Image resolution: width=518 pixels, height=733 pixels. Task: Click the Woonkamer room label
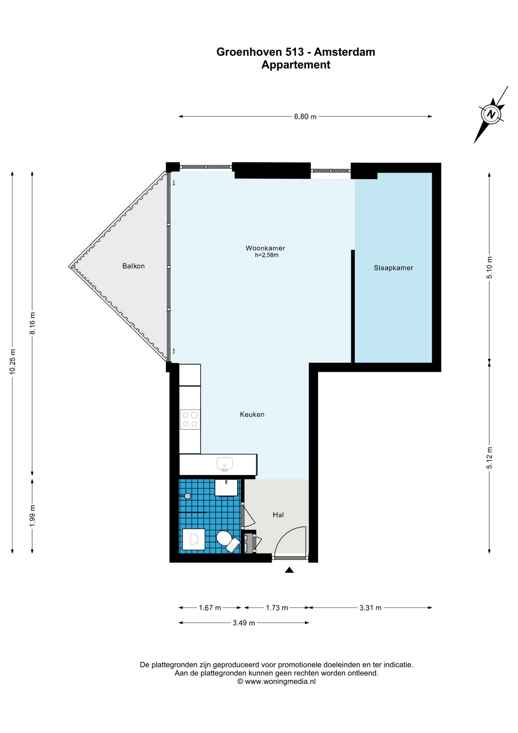click(265, 248)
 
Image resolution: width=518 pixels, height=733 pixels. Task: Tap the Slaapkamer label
click(393, 268)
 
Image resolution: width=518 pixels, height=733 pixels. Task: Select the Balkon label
click(134, 266)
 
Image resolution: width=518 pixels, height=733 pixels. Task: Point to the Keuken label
click(252, 414)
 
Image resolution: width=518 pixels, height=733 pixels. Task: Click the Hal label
click(278, 515)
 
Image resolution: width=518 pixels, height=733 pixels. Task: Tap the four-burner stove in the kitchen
click(190, 419)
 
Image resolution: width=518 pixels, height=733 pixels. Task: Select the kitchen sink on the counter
click(225, 464)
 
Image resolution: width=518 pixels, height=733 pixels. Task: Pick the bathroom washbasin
click(227, 488)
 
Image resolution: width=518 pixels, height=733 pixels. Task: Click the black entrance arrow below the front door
click(289, 570)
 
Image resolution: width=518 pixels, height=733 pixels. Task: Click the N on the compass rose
click(492, 114)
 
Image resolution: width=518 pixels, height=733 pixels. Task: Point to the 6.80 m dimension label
click(305, 116)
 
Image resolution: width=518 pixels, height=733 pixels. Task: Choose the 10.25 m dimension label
click(13, 362)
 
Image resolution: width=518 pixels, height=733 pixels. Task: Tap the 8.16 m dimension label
click(32, 323)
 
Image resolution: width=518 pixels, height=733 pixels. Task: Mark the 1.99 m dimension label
click(32, 516)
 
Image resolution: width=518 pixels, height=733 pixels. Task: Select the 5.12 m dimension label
click(489, 458)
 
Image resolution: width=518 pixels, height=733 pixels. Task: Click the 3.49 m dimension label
click(244, 623)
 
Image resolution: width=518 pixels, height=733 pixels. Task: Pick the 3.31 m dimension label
click(370, 607)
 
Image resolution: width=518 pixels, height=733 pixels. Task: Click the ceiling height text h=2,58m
click(267, 255)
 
